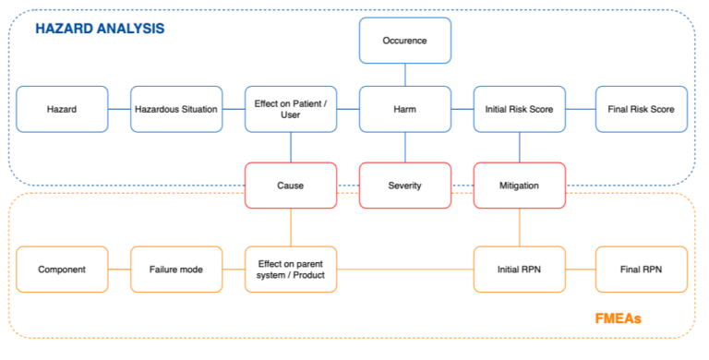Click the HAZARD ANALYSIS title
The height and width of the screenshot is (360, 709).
100,29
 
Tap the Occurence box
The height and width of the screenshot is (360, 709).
404,41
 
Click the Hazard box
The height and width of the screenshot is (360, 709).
62,109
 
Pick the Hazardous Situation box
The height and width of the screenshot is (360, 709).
176,109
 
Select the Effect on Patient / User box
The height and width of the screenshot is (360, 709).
291,109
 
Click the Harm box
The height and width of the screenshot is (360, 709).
404,109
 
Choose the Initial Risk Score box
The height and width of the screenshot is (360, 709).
519,109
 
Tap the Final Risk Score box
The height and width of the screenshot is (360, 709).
641,109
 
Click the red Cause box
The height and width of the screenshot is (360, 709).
291,186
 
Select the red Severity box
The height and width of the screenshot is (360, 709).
404,186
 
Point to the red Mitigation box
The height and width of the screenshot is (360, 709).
519,186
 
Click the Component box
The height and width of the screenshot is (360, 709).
62,270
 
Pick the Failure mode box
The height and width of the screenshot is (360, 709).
176,270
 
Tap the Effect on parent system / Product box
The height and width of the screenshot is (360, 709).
291,270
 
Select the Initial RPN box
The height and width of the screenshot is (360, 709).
519,270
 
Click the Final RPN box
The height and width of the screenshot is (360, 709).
641,270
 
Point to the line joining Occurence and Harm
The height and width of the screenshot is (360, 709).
404,75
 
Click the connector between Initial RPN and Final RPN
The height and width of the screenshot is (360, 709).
580,270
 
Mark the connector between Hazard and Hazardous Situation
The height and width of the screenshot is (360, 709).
119,109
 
